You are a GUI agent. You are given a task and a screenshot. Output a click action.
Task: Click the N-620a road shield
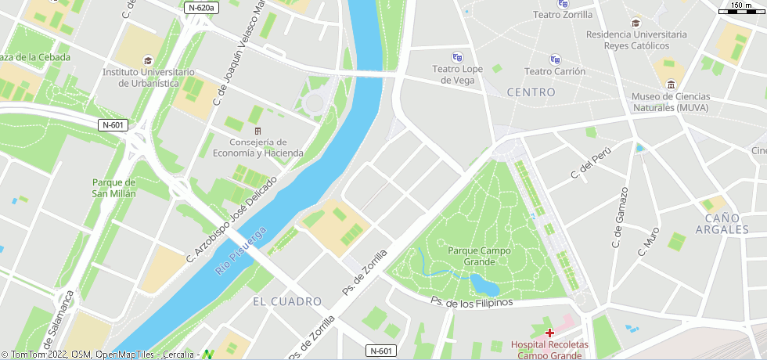203,8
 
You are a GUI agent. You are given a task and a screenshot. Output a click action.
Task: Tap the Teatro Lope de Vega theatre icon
457,57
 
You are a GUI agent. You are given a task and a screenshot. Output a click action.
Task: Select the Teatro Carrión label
554,71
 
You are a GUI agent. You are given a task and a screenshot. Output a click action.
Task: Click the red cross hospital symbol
549,333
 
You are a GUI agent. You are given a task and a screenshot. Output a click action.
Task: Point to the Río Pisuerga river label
242,250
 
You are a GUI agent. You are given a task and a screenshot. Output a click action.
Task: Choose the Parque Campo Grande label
479,256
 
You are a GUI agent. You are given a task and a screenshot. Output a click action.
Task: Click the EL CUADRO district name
287,301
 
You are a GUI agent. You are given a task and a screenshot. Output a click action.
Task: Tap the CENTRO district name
531,92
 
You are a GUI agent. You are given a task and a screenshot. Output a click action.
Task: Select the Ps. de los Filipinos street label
471,302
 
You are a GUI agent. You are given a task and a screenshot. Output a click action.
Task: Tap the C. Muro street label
648,242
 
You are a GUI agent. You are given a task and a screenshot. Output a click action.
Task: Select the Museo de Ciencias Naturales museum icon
670,85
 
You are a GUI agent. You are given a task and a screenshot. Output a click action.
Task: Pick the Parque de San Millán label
114,188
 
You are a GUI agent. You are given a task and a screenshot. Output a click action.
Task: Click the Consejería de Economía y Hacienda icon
257,130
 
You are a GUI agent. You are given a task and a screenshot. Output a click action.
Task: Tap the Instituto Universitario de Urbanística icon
148,60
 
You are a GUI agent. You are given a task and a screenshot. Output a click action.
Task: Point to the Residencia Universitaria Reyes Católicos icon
636,23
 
